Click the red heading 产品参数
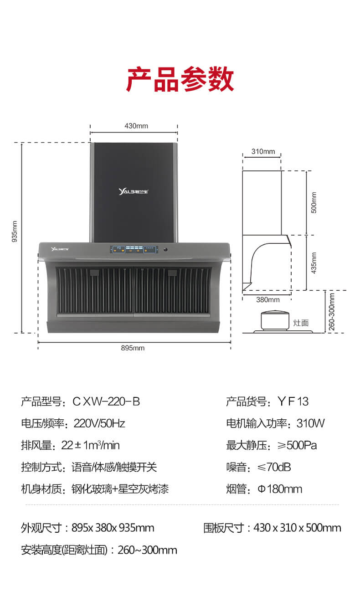point(180,79)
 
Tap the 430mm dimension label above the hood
point(136,126)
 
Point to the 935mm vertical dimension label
point(15,232)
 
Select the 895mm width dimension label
point(133,348)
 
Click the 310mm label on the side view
point(263,151)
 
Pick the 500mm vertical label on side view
point(314,203)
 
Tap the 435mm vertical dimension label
point(314,263)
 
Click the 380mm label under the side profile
point(268,300)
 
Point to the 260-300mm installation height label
point(332,312)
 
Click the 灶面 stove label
point(301,323)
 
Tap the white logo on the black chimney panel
point(133,191)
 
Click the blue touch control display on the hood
point(134,249)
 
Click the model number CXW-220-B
point(106,401)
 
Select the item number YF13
point(293,401)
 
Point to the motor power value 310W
point(311,423)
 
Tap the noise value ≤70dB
point(274,467)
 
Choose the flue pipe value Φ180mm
point(280,489)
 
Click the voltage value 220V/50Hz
point(99,423)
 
